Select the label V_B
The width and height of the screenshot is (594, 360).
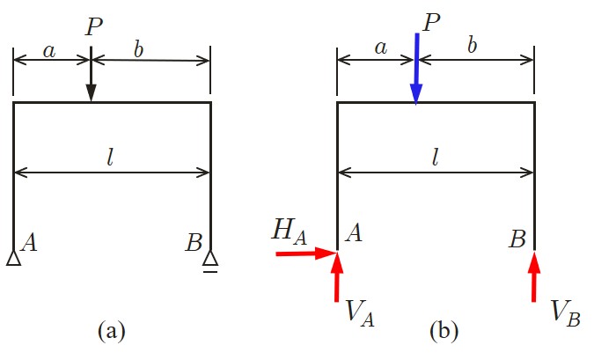point(563,312)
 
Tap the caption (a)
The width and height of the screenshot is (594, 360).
point(112,332)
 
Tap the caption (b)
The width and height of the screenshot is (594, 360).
point(443,332)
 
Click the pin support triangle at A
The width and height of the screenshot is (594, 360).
point(14,258)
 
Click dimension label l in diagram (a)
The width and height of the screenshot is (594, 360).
point(111,158)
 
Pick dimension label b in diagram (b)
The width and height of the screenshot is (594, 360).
point(473,46)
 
